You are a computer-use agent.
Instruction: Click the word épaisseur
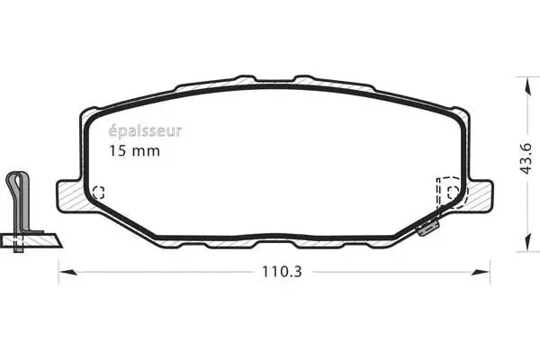tap(144, 130)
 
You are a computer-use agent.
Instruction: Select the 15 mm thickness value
tap(133, 151)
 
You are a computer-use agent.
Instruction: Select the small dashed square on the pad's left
tap(98, 191)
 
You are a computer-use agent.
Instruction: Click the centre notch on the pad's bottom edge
tap(274, 241)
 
